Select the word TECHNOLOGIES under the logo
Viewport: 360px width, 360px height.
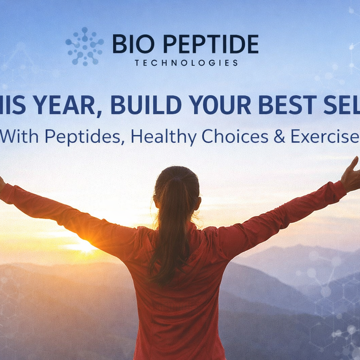[x=186, y=63]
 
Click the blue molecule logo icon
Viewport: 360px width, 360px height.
[x=84, y=46]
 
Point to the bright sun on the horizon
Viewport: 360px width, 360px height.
[x=85, y=246]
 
